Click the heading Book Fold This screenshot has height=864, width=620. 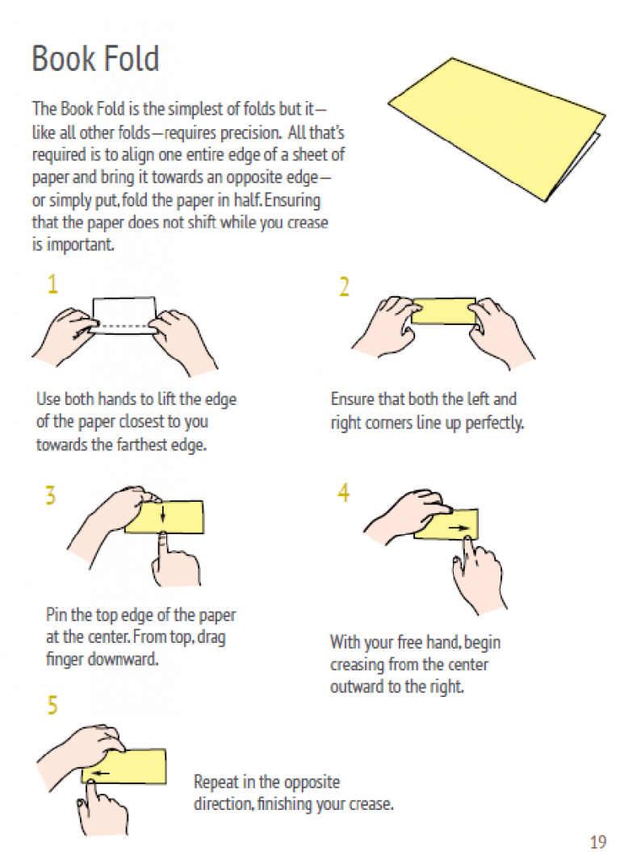(x=95, y=58)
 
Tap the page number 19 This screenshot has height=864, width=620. (x=598, y=842)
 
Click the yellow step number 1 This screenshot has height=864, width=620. (x=52, y=284)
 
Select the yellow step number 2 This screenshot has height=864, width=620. (x=344, y=287)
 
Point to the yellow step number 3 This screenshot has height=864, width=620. (x=51, y=495)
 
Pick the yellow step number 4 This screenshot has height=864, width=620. (x=344, y=493)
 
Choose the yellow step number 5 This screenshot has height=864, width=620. (x=52, y=705)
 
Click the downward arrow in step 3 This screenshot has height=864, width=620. (x=163, y=514)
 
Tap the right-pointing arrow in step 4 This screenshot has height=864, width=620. (x=459, y=528)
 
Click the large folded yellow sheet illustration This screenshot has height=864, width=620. (x=496, y=130)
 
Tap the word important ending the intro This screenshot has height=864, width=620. (x=79, y=244)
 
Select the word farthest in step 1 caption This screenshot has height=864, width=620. (x=141, y=445)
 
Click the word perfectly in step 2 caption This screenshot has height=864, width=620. (x=494, y=423)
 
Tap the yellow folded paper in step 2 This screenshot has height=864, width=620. (x=443, y=311)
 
